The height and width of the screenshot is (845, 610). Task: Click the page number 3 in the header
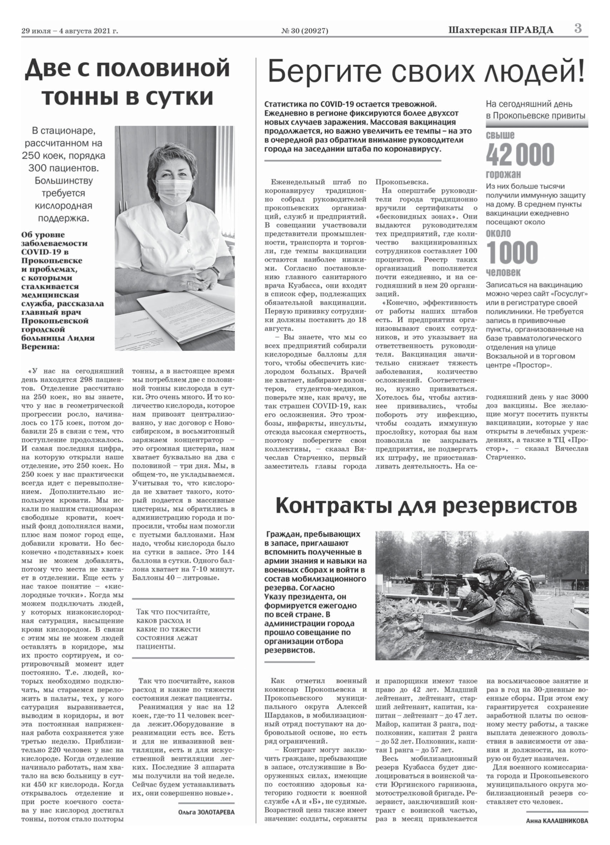click(578, 29)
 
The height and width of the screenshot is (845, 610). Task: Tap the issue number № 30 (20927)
click(305, 31)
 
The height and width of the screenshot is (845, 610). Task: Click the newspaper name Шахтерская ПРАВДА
click(501, 30)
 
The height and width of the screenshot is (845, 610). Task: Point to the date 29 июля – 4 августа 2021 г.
click(70, 31)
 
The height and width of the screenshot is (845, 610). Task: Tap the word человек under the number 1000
click(503, 272)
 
